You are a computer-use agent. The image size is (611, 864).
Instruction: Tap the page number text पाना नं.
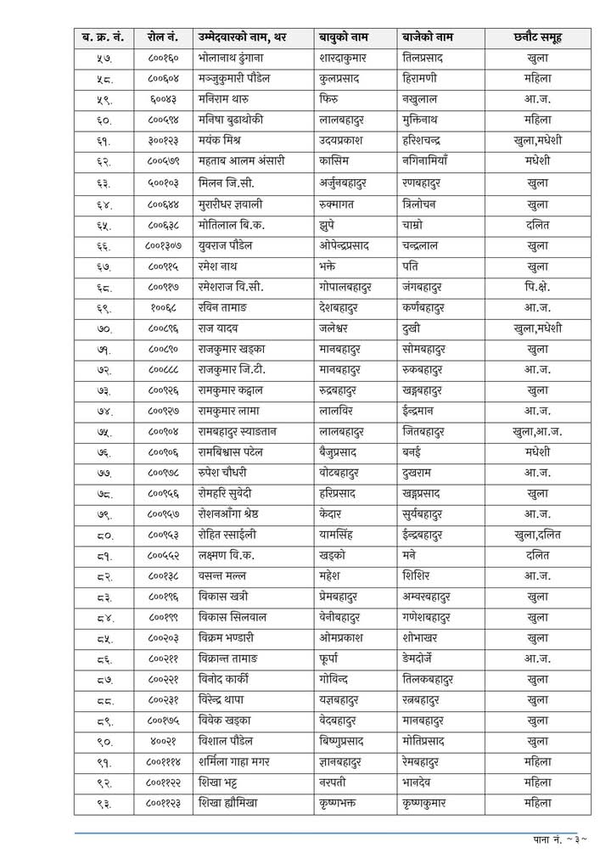[x=547, y=841]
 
